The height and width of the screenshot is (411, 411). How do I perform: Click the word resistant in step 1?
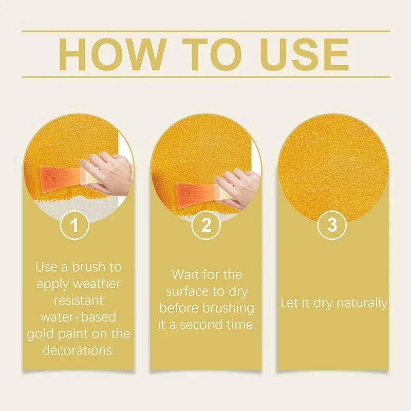[78, 301]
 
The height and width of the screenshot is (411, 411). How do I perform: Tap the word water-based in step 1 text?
[78, 317]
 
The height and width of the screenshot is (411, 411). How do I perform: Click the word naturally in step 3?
[362, 303]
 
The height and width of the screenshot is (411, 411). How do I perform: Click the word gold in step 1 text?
[40, 334]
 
